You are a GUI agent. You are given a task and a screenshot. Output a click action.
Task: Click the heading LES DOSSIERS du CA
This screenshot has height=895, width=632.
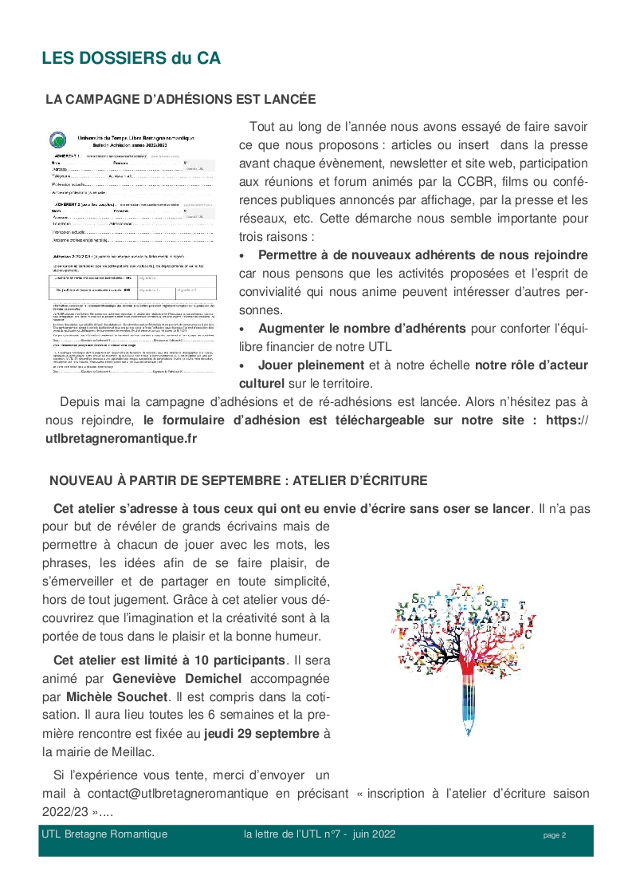pos(131,58)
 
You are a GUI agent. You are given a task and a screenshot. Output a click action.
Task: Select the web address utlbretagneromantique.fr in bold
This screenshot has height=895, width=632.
pos(121,438)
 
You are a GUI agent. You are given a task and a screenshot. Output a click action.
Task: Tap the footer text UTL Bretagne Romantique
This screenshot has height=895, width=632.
pos(104,834)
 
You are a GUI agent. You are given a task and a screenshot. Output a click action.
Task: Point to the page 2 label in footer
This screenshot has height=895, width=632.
pos(554,835)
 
